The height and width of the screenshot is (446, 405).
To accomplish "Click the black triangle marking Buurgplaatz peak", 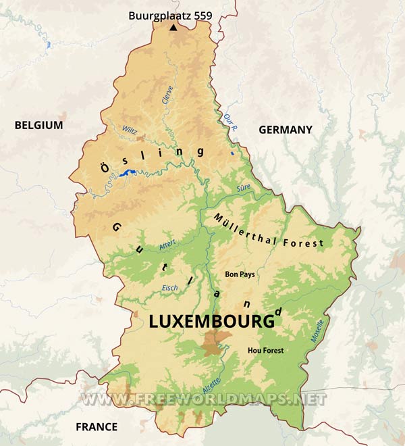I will pyautogui.click(x=173, y=28).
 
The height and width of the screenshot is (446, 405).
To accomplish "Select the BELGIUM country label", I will pyautogui.click(x=38, y=125).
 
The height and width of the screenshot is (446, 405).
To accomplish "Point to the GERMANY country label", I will pyautogui.click(x=286, y=130).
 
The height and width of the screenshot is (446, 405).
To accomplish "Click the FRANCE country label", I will pyautogui.click(x=96, y=426).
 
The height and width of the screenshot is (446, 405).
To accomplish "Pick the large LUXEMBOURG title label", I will pyautogui.click(x=211, y=322).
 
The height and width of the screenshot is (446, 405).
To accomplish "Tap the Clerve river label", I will pyautogui.click(x=167, y=96).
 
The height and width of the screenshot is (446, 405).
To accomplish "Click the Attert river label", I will pyautogui.click(x=167, y=246).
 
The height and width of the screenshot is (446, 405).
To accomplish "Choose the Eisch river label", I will pyautogui.click(x=170, y=288).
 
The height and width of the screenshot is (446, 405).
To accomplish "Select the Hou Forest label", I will pyautogui.click(x=265, y=350).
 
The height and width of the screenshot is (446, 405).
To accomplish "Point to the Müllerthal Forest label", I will pyautogui.click(x=268, y=230).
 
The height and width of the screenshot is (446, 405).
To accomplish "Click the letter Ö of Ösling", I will pyautogui.click(x=104, y=167).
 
